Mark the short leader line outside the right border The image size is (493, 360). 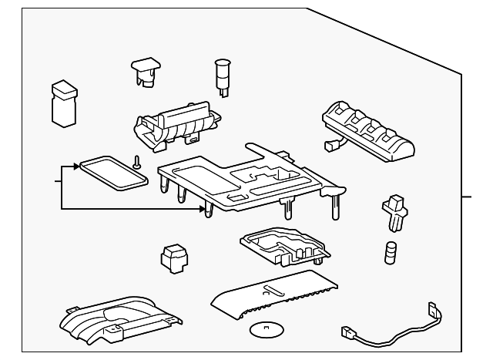click(469, 197)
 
